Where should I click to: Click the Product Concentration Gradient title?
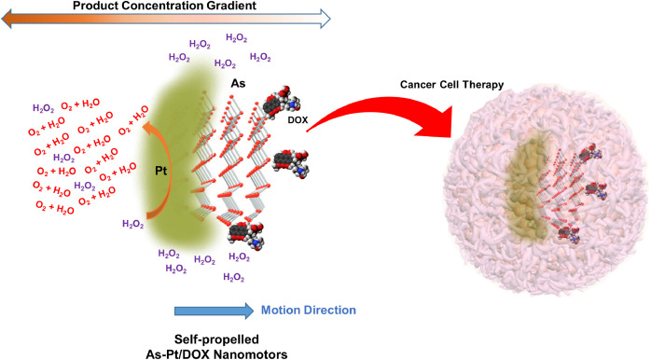164,6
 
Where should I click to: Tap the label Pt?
160,171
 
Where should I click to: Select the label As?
238,83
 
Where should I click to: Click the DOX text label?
298,120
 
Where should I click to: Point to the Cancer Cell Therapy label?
451,85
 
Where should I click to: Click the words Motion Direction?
309,311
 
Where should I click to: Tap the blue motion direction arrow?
214,311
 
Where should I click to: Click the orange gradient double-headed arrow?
166,20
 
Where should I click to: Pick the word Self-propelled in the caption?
216,339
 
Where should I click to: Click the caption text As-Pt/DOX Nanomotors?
216,354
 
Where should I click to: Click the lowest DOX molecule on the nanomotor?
246,235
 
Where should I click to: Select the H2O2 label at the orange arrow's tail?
132,225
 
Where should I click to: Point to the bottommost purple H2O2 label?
234,277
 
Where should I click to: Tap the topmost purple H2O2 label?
236,38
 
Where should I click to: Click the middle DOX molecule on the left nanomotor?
291,163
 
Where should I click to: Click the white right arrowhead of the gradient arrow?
325,20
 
